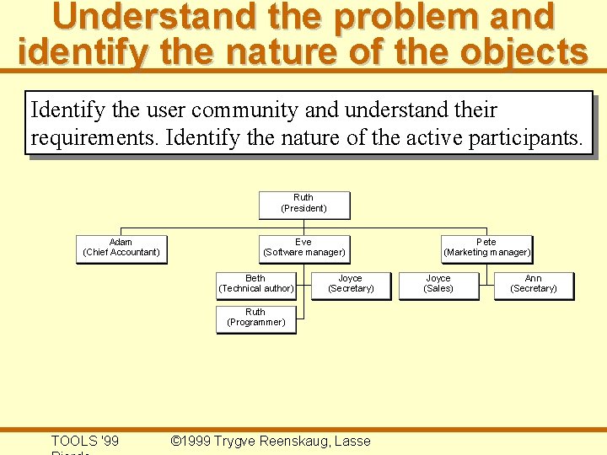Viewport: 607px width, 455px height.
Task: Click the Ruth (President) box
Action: click(x=303, y=203)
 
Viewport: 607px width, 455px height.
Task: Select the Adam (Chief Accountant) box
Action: click(x=121, y=248)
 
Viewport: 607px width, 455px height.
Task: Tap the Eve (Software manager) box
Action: click(x=303, y=248)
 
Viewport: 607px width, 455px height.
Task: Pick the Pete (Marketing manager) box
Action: click(x=486, y=248)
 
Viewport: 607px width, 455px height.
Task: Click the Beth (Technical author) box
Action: click(x=255, y=284)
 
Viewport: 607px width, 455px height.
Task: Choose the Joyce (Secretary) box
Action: click(x=351, y=284)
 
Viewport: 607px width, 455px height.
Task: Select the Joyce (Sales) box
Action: click(x=438, y=284)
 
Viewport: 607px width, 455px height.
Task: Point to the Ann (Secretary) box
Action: click(x=534, y=284)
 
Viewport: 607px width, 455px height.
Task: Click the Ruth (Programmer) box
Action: click(x=255, y=318)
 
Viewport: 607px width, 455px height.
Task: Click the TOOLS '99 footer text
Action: click(x=85, y=441)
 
